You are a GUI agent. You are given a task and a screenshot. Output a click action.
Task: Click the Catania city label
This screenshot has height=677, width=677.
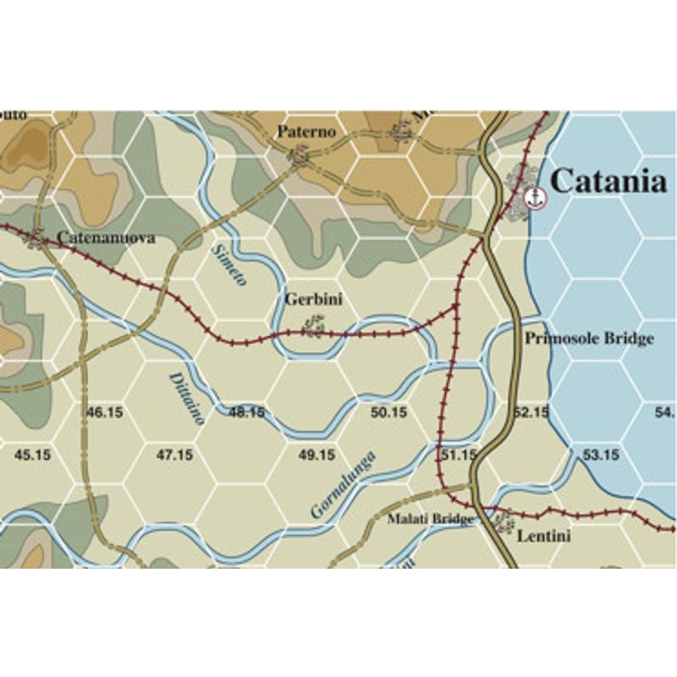[608, 180]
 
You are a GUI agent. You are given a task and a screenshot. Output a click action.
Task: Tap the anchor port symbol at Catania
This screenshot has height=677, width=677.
[535, 198]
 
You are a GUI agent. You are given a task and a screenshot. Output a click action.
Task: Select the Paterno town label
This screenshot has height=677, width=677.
[307, 132]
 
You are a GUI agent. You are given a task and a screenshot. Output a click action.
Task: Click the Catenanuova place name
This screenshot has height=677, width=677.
[106, 238]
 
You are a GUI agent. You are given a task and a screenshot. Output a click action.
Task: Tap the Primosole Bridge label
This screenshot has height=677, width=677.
[589, 338]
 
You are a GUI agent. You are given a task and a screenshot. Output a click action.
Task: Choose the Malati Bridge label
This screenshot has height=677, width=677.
[430, 518]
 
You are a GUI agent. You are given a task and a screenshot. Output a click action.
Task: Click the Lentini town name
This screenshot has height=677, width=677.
[542, 536]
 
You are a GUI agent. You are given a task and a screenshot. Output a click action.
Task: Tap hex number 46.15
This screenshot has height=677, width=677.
[105, 412]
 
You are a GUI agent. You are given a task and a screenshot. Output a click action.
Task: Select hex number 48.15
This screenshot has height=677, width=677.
[246, 412]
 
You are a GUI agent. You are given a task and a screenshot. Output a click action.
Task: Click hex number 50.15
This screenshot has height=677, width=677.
[388, 412]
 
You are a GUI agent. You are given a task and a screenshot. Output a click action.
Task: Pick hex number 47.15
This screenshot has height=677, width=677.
[175, 454]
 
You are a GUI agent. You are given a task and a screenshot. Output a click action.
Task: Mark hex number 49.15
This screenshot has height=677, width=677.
[317, 454]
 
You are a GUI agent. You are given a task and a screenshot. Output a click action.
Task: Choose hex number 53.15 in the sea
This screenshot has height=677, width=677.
[602, 454]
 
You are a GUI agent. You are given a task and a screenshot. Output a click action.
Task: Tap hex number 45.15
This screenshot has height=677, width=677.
[34, 454]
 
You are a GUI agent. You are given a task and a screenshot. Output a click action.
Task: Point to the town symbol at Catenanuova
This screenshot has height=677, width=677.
[36, 239]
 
